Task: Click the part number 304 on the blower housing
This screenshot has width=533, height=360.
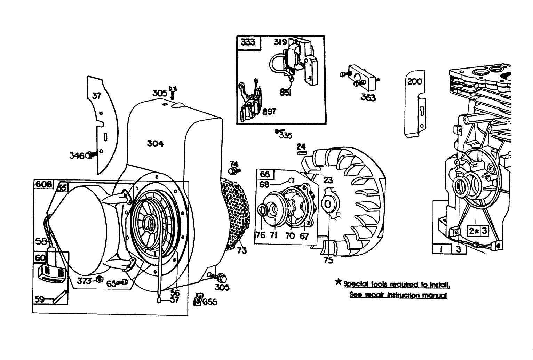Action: pyautogui.click(x=155, y=143)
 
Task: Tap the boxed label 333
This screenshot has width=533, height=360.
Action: pyautogui.click(x=248, y=42)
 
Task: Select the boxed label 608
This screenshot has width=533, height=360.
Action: pyautogui.click(x=43, y=184)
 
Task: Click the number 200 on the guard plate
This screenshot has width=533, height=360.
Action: pyautogui.click(x=415, y=81)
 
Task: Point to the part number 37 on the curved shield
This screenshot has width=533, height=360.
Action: pyautogui.click(x=96, y=95)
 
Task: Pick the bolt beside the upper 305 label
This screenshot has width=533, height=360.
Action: pyautogui.click(x=172, y=90)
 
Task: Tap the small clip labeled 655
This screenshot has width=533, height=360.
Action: pyautogui.click(x=198, y=299)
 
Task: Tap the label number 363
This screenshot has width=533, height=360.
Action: pyautogui.click(x=368, y=97)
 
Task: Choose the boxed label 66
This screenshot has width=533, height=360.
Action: pyautogui.click(x=265, y=174)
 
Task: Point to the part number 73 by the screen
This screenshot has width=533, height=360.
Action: pyautogui.click(x=241, y=250)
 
